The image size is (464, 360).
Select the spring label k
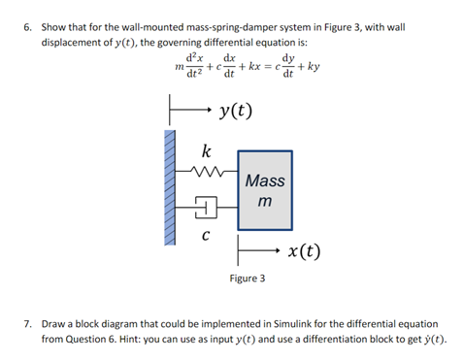point(204,151)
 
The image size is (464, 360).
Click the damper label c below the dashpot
point(204,233)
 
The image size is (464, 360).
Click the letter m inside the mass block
point(265,202)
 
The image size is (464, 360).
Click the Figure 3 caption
point(247,278)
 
